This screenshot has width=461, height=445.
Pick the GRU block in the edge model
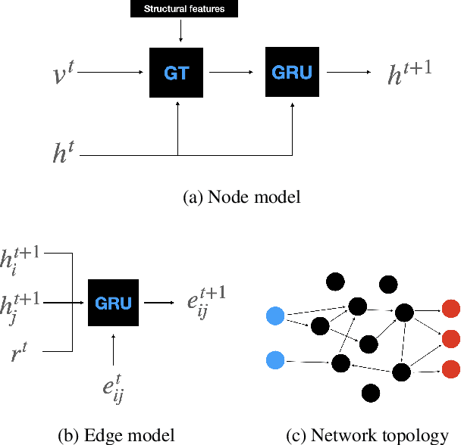click(x=114, y=303)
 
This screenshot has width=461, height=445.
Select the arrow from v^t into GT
click(x=110, y=73)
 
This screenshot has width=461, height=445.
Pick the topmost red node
click(x=450, y=309)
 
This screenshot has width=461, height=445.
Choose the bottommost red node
click(x=450, y=369)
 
